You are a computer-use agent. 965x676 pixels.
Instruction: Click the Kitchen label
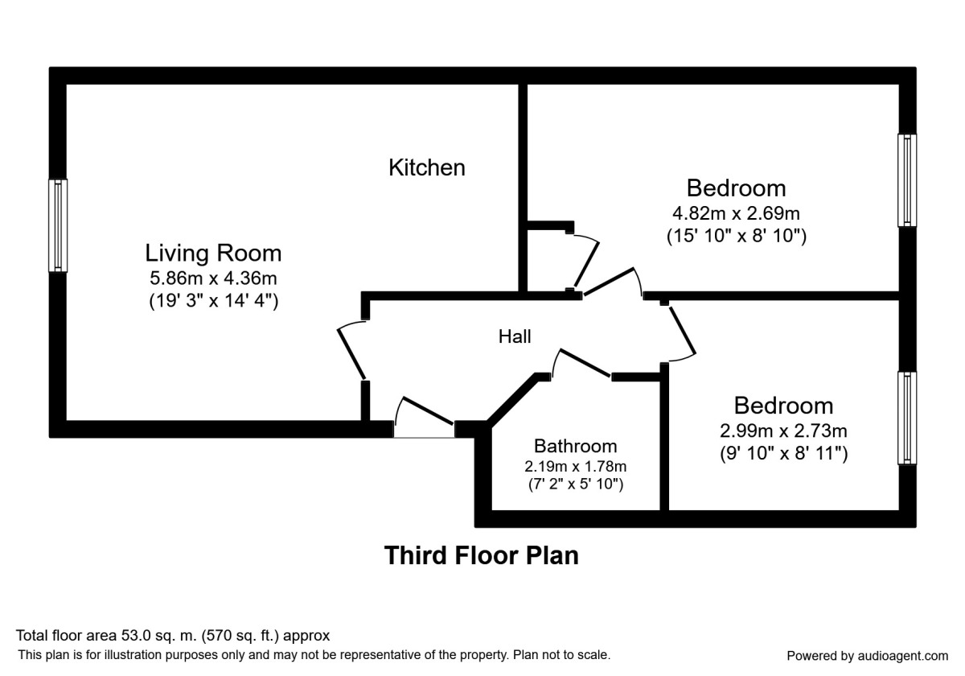(x=427, y=167)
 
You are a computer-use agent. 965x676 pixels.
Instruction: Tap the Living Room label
(x=213, y=253)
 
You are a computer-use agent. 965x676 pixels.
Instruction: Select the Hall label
(x=515, y=336)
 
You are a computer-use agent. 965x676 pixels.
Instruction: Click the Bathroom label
(x=576, y=446)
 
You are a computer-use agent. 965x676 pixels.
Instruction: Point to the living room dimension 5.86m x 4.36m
(x=213, y=278)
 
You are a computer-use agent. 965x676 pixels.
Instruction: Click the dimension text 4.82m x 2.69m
(x=736, y=213)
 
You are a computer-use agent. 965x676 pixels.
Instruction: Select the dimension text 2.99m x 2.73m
(x=783, y=431)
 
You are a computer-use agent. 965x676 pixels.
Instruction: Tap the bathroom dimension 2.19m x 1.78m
(x=576, y=466)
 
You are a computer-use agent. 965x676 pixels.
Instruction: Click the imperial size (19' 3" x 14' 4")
(x=213, y=302)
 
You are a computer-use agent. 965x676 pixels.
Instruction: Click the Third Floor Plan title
(x=482, y=555)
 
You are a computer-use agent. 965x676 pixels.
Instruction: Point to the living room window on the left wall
(x=58, y=225)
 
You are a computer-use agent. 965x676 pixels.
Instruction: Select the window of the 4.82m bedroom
(x=907, y=180)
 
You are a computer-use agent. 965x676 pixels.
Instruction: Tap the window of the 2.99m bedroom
(x=907, y=418)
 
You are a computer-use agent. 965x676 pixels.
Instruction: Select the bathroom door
(x=583, y=364)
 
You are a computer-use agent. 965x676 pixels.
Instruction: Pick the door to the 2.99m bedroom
(x=682, y=332)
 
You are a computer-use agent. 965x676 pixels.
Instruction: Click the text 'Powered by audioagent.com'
(x=867, y=655)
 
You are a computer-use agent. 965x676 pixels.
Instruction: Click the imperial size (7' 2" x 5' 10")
(x=576, y=484)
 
